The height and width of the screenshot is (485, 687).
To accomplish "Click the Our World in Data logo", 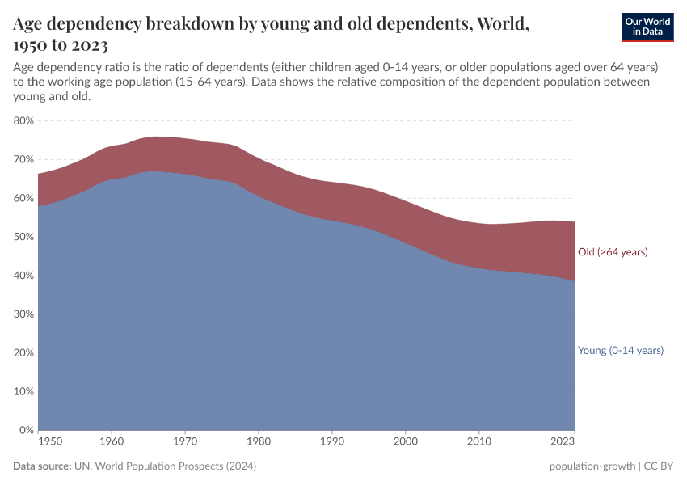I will tap(647, 27).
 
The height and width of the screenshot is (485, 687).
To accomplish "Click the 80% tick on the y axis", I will tap(23, 120).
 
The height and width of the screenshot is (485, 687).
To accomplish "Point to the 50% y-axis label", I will tap(23, 237).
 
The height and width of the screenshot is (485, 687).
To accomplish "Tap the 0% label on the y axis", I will tap(27, 430).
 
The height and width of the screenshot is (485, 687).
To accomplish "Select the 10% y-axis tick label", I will tap(23, 391).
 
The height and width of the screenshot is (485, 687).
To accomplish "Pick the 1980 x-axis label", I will tap(259, 442).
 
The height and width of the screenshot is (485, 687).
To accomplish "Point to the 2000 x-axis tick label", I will tap(406, 442).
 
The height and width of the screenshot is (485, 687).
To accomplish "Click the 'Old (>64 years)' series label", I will tap(613, 252).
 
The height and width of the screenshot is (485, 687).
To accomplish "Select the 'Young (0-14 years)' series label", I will tap(621, 351).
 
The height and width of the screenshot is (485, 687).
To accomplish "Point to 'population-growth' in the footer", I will tap(590, 466).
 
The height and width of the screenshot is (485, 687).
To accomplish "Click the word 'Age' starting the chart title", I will tap(29, 23).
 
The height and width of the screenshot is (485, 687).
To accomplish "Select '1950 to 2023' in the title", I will tap(61, 44).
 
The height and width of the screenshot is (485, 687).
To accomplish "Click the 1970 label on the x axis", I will tap(185, 442).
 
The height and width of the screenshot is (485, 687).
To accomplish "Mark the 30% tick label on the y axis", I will tap(23, 314).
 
